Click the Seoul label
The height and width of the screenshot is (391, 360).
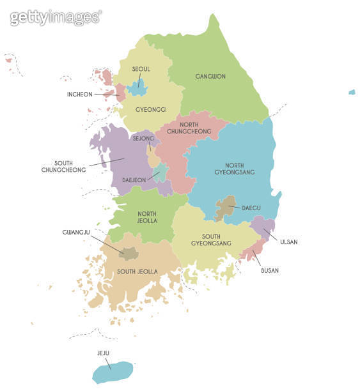pos(141,69)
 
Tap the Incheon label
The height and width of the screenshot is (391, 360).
pos(80,95)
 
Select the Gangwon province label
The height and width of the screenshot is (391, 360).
pos(210,77)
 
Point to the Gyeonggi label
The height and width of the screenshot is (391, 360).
pos(151,109)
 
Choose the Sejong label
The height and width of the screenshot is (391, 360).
pos(143,138)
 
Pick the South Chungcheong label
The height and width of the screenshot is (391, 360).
pos(64,166)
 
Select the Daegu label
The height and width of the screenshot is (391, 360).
pos(251,208)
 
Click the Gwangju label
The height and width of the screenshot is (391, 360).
pos(75,232)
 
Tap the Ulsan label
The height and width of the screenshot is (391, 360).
pos(288,242)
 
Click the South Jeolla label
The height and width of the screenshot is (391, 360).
pos(137,272)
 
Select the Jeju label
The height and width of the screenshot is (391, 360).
pos(104,353)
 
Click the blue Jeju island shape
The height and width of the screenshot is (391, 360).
pos(113,372)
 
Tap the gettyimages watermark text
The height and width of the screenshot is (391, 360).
pos(56,17)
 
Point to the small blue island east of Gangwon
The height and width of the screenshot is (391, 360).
pos(352,92)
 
